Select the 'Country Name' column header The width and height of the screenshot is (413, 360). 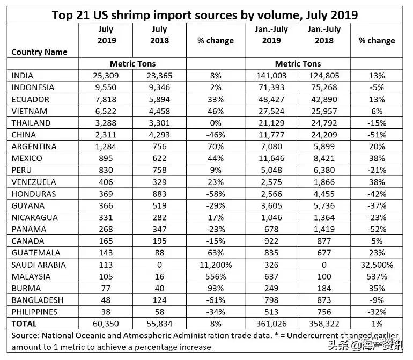[x=39, y=52]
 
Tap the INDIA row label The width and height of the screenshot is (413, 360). [x=22, y=76]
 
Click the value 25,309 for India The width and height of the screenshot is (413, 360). [x=106, y=76]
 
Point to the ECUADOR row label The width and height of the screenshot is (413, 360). [x=30, y=99]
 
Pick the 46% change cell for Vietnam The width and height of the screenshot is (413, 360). [x=216, y=111]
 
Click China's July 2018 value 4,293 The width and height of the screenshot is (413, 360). [x=160, y=135]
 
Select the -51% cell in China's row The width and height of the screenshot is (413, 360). [x=377, y=135]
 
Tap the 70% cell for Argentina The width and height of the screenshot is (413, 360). [x=216, y=146]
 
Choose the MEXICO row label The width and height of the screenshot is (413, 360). [x=26, y=158]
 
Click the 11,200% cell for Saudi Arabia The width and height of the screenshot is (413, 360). [x=216, y=265]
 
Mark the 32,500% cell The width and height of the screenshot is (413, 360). [x=377, y=265]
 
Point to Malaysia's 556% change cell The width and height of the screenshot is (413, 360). [x=216, y=276]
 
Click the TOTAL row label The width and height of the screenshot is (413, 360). [x=24, y=324]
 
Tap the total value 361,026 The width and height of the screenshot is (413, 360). [x=271, y=324]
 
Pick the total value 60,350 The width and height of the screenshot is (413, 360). [x=106, y=324]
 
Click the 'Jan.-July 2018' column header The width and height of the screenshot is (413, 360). [x=324, y=34]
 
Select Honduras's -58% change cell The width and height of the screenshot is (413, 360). [x=216, y=194]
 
